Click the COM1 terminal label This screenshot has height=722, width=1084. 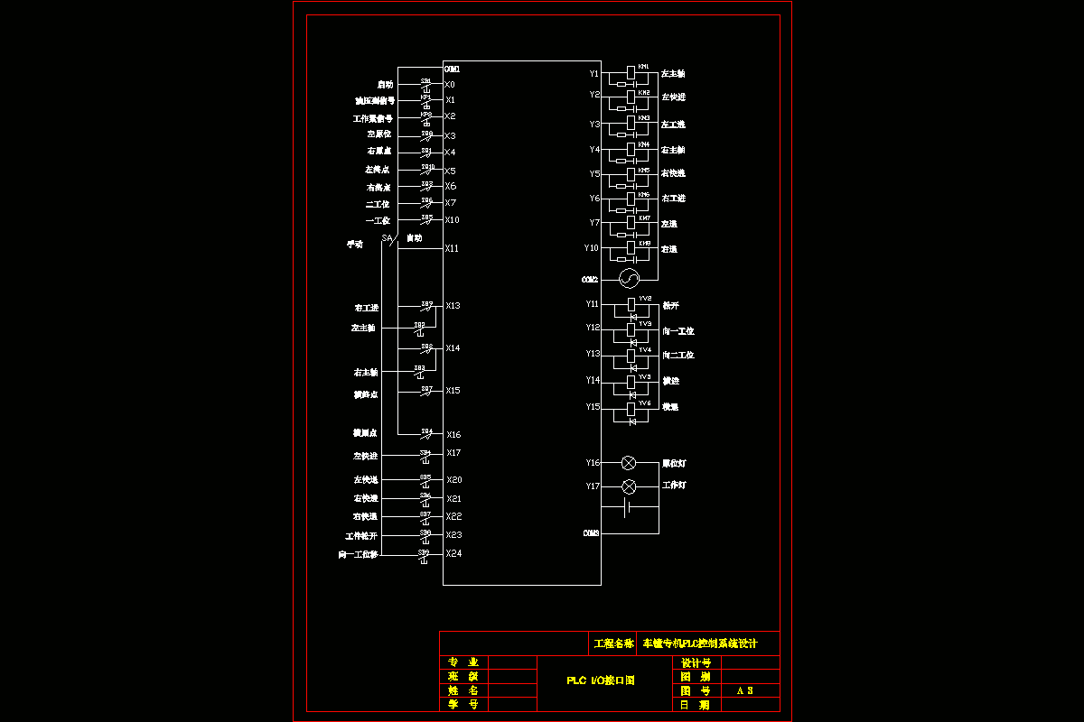click(x=452, y=69)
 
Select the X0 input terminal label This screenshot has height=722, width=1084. click(x=450, y=85)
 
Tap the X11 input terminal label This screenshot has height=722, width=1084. click(x=452, y=247)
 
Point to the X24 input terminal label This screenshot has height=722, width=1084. click(x=453, y=553)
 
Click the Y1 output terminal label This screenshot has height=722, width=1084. click(x=593, y=73)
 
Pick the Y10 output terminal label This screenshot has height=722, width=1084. click(x=592, y=247)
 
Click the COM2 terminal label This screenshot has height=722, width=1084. click(x=590, y=280)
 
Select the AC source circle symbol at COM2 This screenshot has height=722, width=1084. click(x=629, y=277)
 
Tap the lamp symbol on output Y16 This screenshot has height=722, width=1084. click(x=629, y=463)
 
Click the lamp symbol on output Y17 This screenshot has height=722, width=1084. click(x=629, y=486)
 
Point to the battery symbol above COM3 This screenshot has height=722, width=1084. click(x=629, y=509)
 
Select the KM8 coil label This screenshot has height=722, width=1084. click(x=644, y=243)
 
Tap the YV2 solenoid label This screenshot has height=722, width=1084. click(x=645, y=298)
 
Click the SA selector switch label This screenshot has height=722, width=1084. click(x=387, y=238)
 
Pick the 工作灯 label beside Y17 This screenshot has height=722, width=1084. click(x=675, y=486)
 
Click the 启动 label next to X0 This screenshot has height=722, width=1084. click(x=385, y=85)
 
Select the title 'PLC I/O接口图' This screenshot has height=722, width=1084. click(x=600, y=680)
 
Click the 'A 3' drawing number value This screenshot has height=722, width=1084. click(x=744, y=690)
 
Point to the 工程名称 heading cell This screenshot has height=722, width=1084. click(x=613, y=644)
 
